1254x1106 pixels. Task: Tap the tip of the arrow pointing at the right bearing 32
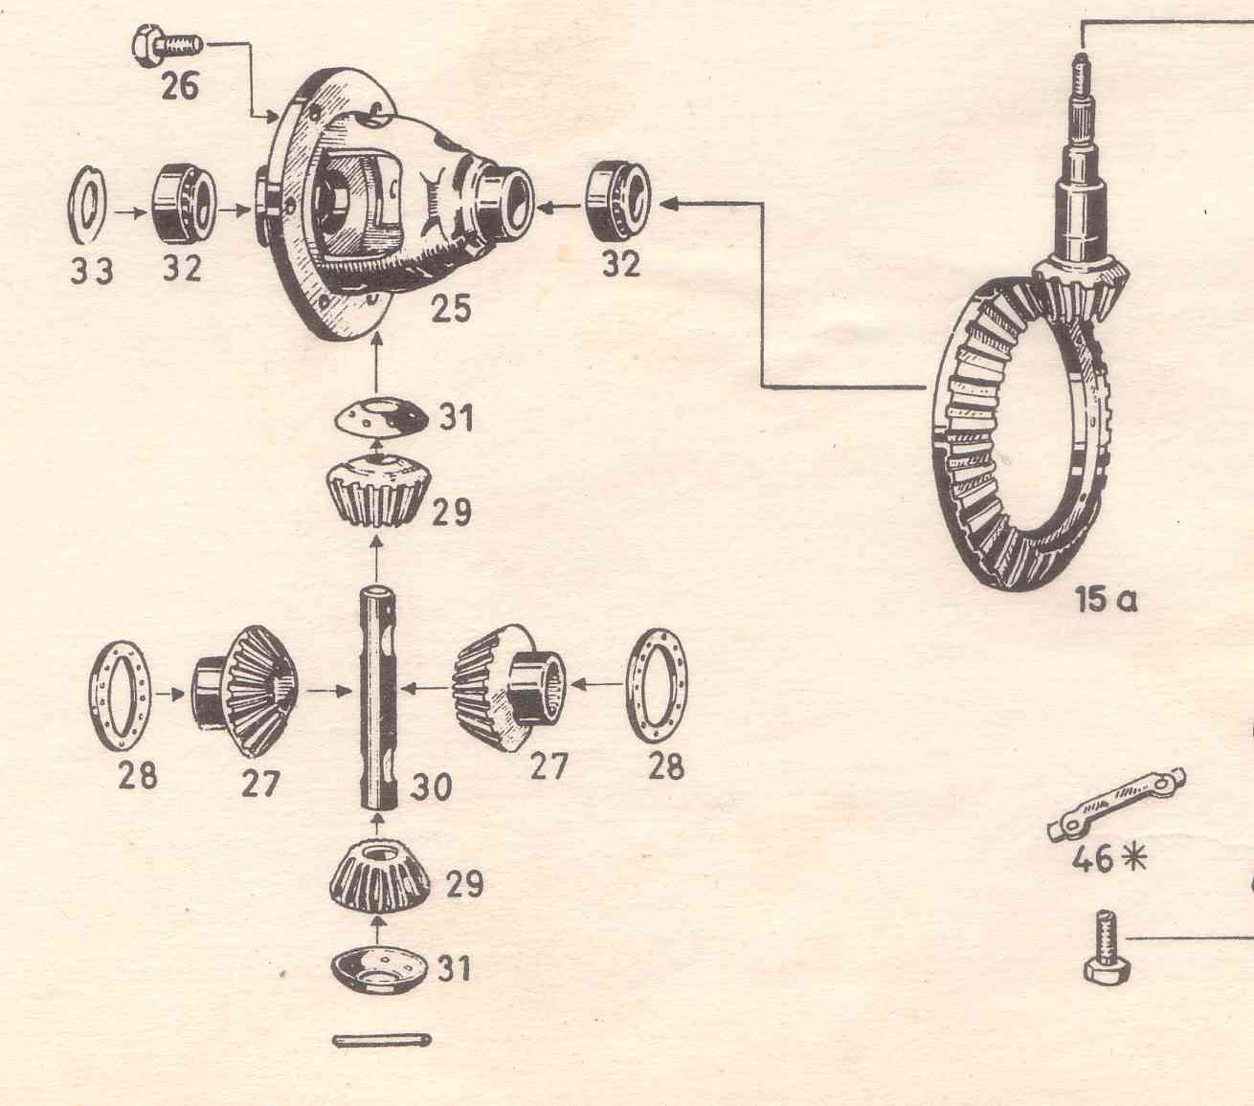(x=660, y=204)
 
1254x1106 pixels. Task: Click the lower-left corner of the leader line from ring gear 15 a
(x=763, y=387)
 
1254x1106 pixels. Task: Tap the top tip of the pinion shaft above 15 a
(x=1081, y=55)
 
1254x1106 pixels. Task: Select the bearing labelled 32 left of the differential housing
(x=184, y=204)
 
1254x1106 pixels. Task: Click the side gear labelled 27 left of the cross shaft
(x=244, y=691)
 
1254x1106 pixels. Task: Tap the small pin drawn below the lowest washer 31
(x=381, y=1040)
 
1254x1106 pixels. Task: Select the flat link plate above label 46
(x=1117, y=804)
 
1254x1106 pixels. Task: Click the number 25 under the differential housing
(x=451, y=308)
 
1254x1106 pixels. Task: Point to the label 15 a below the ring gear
(x=1106, y=600)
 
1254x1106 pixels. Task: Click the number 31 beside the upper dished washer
(x=457, y=417)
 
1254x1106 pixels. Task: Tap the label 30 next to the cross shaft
(x=430, y=786)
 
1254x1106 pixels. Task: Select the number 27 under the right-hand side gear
(x=549, y=765)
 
